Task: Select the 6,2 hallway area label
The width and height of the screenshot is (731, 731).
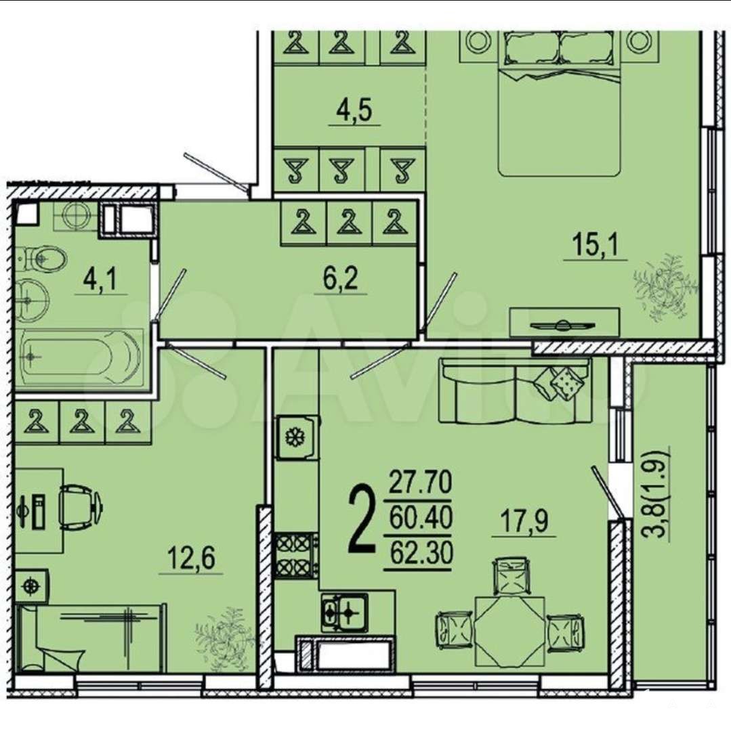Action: click(341, 279)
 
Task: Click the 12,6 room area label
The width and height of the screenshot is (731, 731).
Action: click(191, 558)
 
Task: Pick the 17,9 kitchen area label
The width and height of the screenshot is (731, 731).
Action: click(524, 522)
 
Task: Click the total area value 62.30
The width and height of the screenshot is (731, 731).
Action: click(420, 554)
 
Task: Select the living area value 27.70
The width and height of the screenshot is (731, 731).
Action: click(420, 482)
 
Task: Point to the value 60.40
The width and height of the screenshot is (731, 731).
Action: click(420, 518)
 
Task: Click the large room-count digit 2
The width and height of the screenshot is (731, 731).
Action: click(362, 518)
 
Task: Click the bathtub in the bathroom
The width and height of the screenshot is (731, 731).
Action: click(79, 357)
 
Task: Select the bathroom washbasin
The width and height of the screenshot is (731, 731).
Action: click(32, 301)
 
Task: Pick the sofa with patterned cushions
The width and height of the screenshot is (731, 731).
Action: click(515, 391)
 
